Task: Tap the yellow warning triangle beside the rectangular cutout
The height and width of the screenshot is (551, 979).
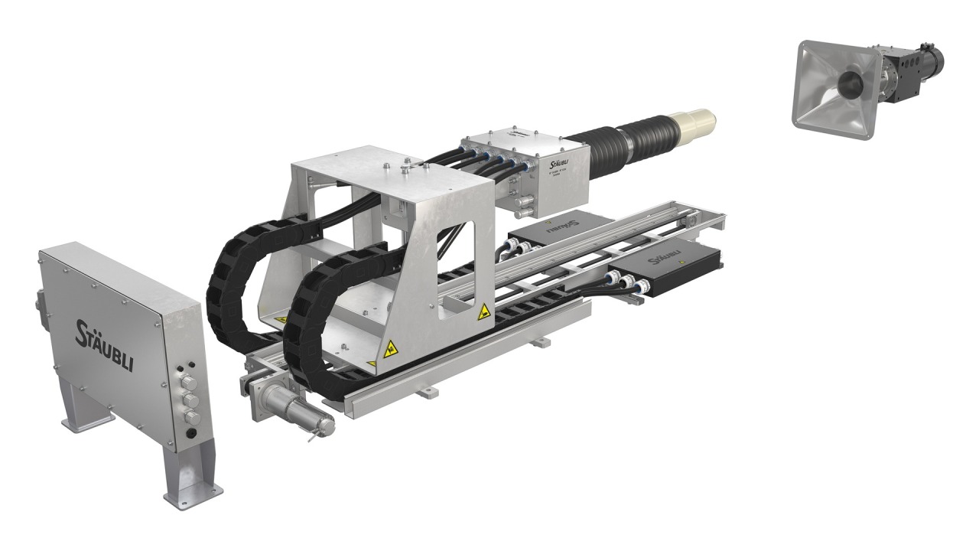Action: pos(483,312)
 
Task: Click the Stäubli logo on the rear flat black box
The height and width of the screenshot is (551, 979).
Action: pos(563,227)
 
